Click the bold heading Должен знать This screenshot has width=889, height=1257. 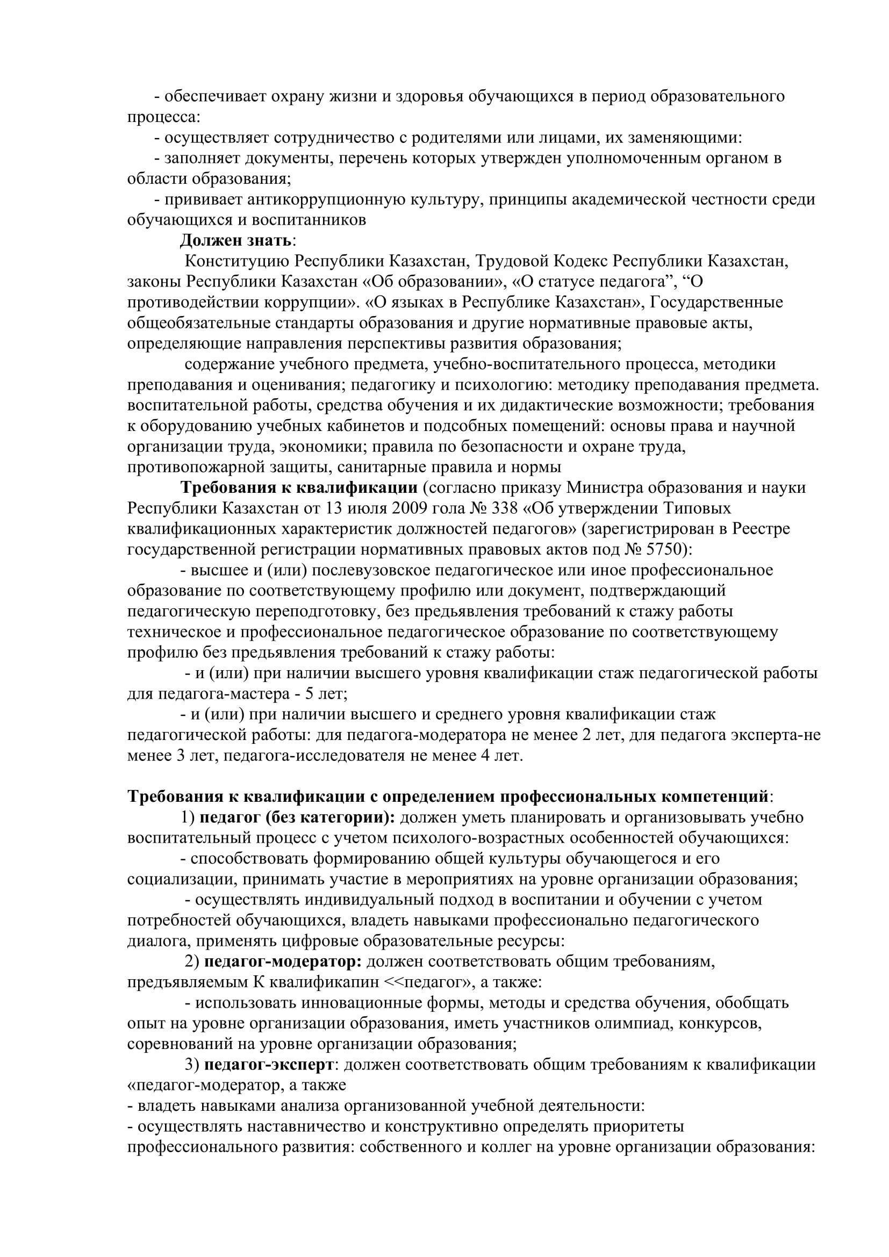click(236, 240)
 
